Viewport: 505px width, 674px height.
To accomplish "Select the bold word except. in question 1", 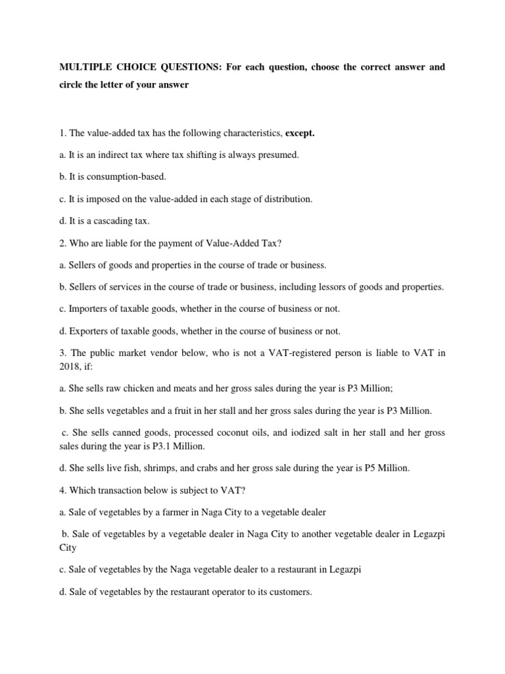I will (x=300, y=134).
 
